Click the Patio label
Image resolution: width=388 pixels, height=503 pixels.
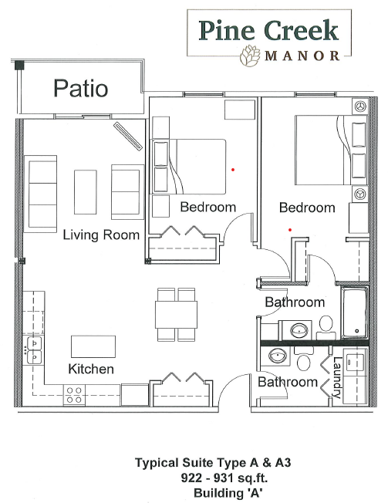tap(80, 88)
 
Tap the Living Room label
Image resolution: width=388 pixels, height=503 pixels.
tap(101, 235)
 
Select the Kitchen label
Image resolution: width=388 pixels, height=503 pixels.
tap(91, 369)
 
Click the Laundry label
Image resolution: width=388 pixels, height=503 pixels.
tap(336, 377)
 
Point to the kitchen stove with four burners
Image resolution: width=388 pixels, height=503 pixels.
tap(74, 395)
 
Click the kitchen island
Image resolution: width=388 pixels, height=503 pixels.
tap(93, 346)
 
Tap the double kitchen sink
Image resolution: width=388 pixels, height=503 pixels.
tap(34, 349)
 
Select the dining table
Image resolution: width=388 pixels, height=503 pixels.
tap(176, 315)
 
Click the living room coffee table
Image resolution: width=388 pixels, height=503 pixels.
tap(86, 192)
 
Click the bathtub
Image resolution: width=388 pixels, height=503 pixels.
tap(354, 312)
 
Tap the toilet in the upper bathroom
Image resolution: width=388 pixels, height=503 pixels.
tap(326, 327)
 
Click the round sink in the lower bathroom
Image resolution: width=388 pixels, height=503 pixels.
tap(278, 356)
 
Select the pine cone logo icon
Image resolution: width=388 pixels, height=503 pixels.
tap(250, 56)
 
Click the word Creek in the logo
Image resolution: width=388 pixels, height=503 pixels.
tap(302, 31)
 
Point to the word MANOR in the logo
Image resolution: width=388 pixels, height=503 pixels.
tap(302, 56)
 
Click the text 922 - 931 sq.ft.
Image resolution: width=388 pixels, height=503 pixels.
tap(224, 478)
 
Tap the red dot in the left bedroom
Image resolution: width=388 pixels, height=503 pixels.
tap(233, 170)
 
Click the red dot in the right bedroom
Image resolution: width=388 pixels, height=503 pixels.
tap(290, 230)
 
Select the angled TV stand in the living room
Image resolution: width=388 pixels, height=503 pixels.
tap(127, 136)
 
